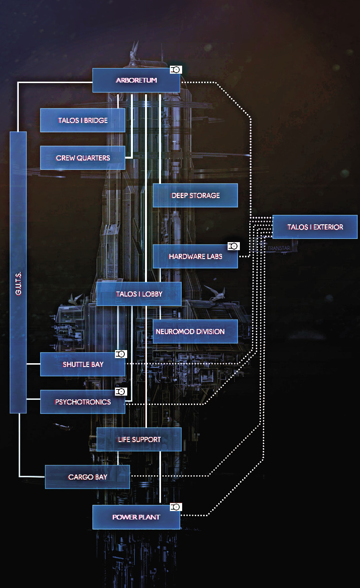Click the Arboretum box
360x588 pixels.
click(136, 80)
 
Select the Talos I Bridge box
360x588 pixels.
click(83, 120)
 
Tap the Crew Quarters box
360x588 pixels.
click(83, 158)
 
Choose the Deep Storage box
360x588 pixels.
click(195, 195)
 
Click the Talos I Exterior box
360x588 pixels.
click(315, 227)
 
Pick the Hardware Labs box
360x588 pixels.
click(195, 257)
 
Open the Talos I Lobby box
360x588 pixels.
click(139, 294)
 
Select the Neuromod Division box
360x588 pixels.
click(195, 331)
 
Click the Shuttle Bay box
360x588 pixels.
click(83, 364)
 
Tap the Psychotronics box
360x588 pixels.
click(83, 402)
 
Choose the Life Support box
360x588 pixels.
click(139, 439)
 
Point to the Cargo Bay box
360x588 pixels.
click(87, 477)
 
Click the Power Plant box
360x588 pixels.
click(136, 517)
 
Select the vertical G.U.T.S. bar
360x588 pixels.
click(18, 272)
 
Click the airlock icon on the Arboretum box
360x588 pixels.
click(176, 69)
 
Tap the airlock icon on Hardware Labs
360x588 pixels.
click(233, 246)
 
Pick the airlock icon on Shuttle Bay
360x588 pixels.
click(121, 354)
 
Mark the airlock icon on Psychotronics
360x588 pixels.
click(121, 392)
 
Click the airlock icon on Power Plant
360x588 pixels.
click(176, 507)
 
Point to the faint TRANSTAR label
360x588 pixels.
click(279, 248)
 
